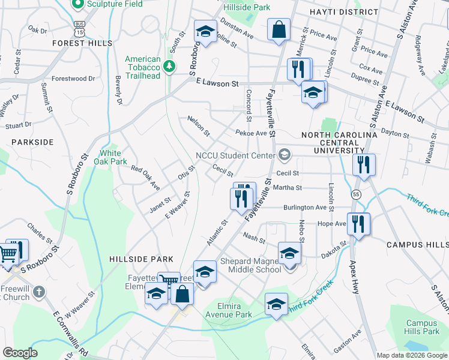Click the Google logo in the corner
click(x=20, y=353)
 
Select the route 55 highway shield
click(x=357, y=195)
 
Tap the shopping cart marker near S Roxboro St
click(x=8, y=254)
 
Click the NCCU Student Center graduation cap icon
click(x=285, y=155)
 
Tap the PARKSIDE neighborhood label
click(x=32, y=142)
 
